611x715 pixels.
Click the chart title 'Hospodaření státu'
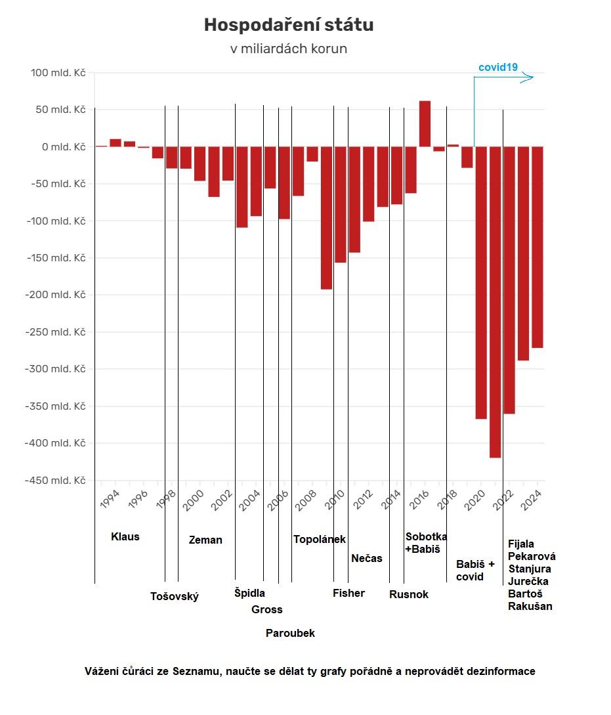288,25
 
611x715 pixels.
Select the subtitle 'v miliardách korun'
288,49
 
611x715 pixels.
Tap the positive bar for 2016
425,123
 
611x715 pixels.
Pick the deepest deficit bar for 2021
495,302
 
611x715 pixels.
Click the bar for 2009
326,217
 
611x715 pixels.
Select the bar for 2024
537,247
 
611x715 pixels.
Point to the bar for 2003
242,186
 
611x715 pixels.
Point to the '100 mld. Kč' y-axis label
58,73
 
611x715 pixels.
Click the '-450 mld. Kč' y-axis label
55,481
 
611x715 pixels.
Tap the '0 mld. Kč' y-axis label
64,147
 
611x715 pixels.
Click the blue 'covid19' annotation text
498,67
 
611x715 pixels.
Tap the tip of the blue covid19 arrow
532,77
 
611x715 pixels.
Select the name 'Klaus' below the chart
125,536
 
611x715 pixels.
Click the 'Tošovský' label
174,597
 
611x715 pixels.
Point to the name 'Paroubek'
290,634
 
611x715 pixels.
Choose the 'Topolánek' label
319,540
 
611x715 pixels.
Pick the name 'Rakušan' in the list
530,607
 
